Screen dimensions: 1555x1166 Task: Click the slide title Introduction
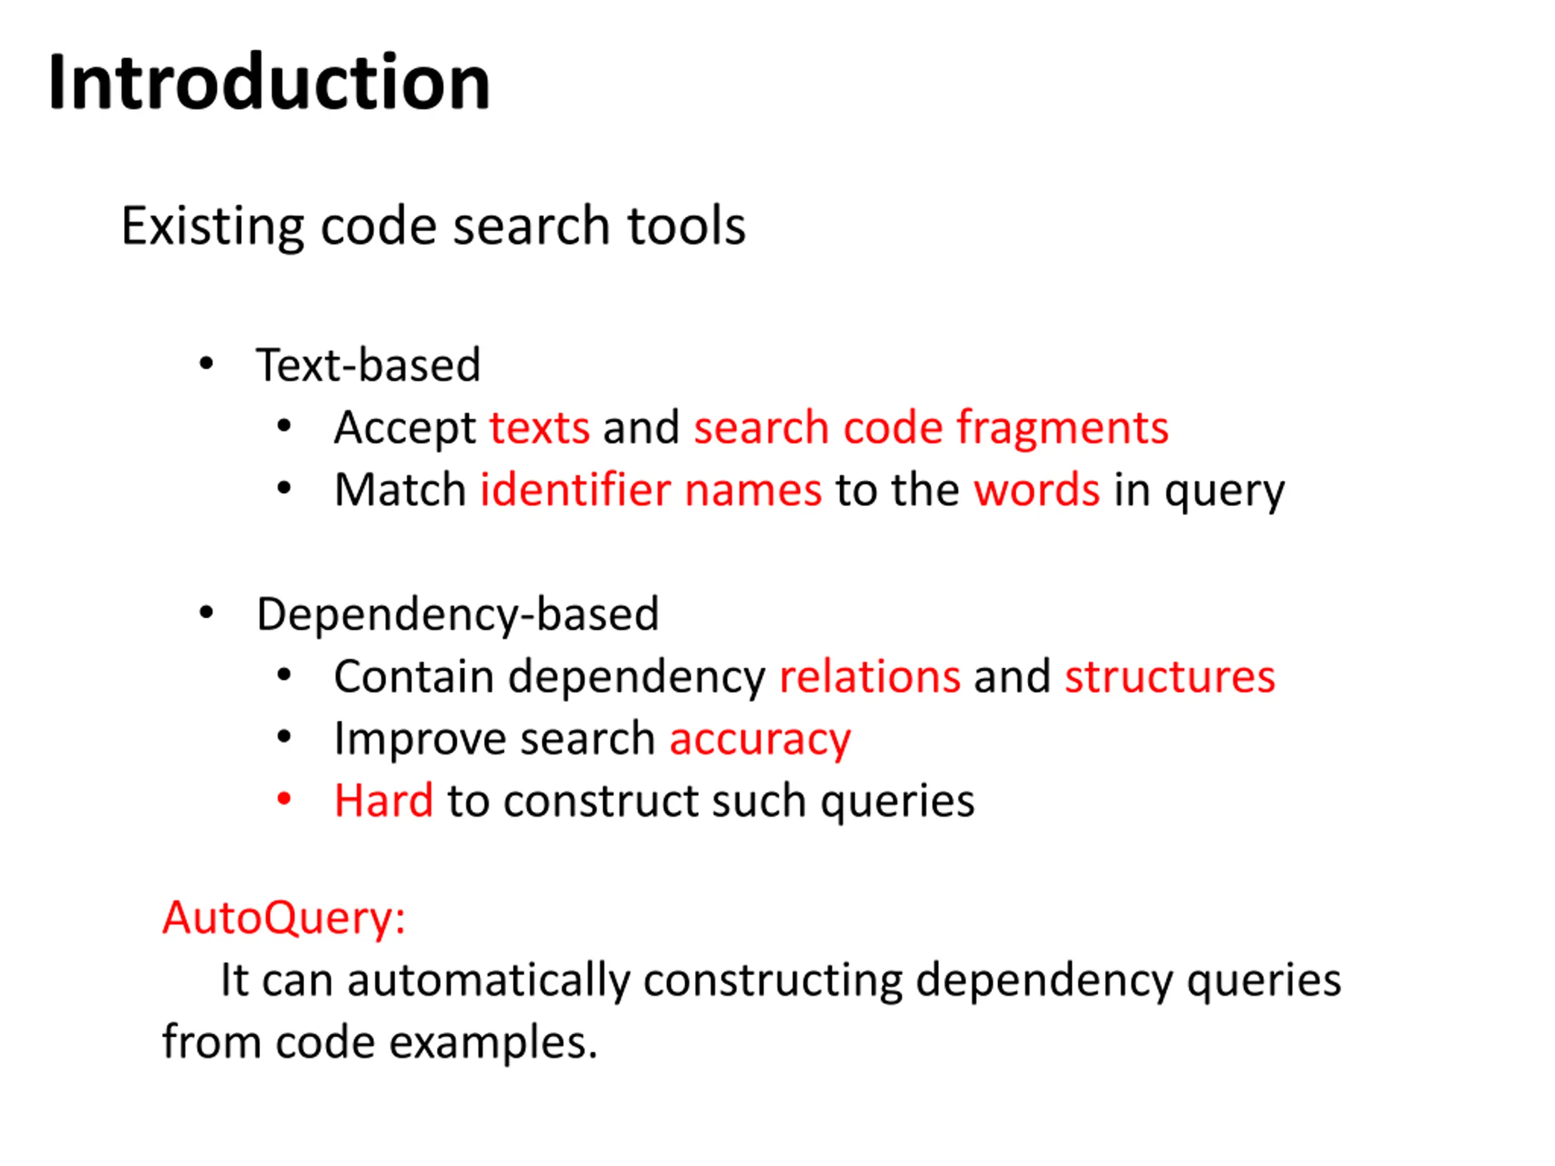coord(268,83)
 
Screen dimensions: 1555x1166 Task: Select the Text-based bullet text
coord(367,365)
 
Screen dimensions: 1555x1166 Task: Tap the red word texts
coord(539,428)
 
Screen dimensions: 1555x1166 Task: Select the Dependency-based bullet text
coord(457,615)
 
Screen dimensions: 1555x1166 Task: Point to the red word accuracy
coord(760,740)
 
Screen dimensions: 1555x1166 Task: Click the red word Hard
coord(383,800)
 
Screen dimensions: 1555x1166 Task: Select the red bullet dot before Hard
coord(284,799)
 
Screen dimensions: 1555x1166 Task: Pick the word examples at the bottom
coord(492,1042)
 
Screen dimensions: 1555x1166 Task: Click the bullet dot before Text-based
coord(206,364)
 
